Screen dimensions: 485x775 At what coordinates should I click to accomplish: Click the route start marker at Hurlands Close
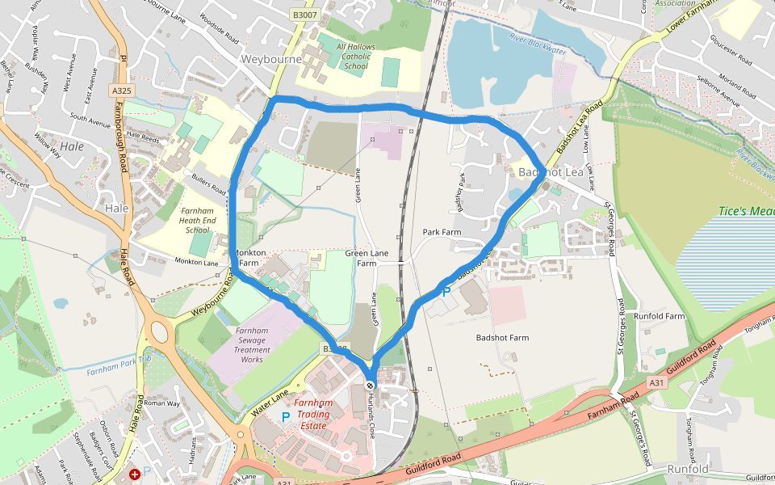[370, 385]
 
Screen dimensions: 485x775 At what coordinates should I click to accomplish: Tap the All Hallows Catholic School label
[355, 57]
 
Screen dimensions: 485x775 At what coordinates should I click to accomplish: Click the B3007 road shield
[304, 15]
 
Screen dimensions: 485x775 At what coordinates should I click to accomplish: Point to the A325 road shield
[122, 91]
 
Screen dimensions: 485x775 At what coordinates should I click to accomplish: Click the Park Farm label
[442, 232]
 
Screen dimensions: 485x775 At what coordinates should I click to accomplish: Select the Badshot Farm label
[502, 337]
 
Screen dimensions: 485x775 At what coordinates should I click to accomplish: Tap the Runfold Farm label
[659, 315]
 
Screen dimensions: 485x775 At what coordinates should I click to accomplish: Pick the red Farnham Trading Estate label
[312, 414]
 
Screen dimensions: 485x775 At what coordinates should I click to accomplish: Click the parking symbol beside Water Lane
[285, 415]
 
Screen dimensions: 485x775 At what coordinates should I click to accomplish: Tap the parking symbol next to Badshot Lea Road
[445, 292]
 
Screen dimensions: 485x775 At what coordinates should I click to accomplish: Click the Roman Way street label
[162, 402]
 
